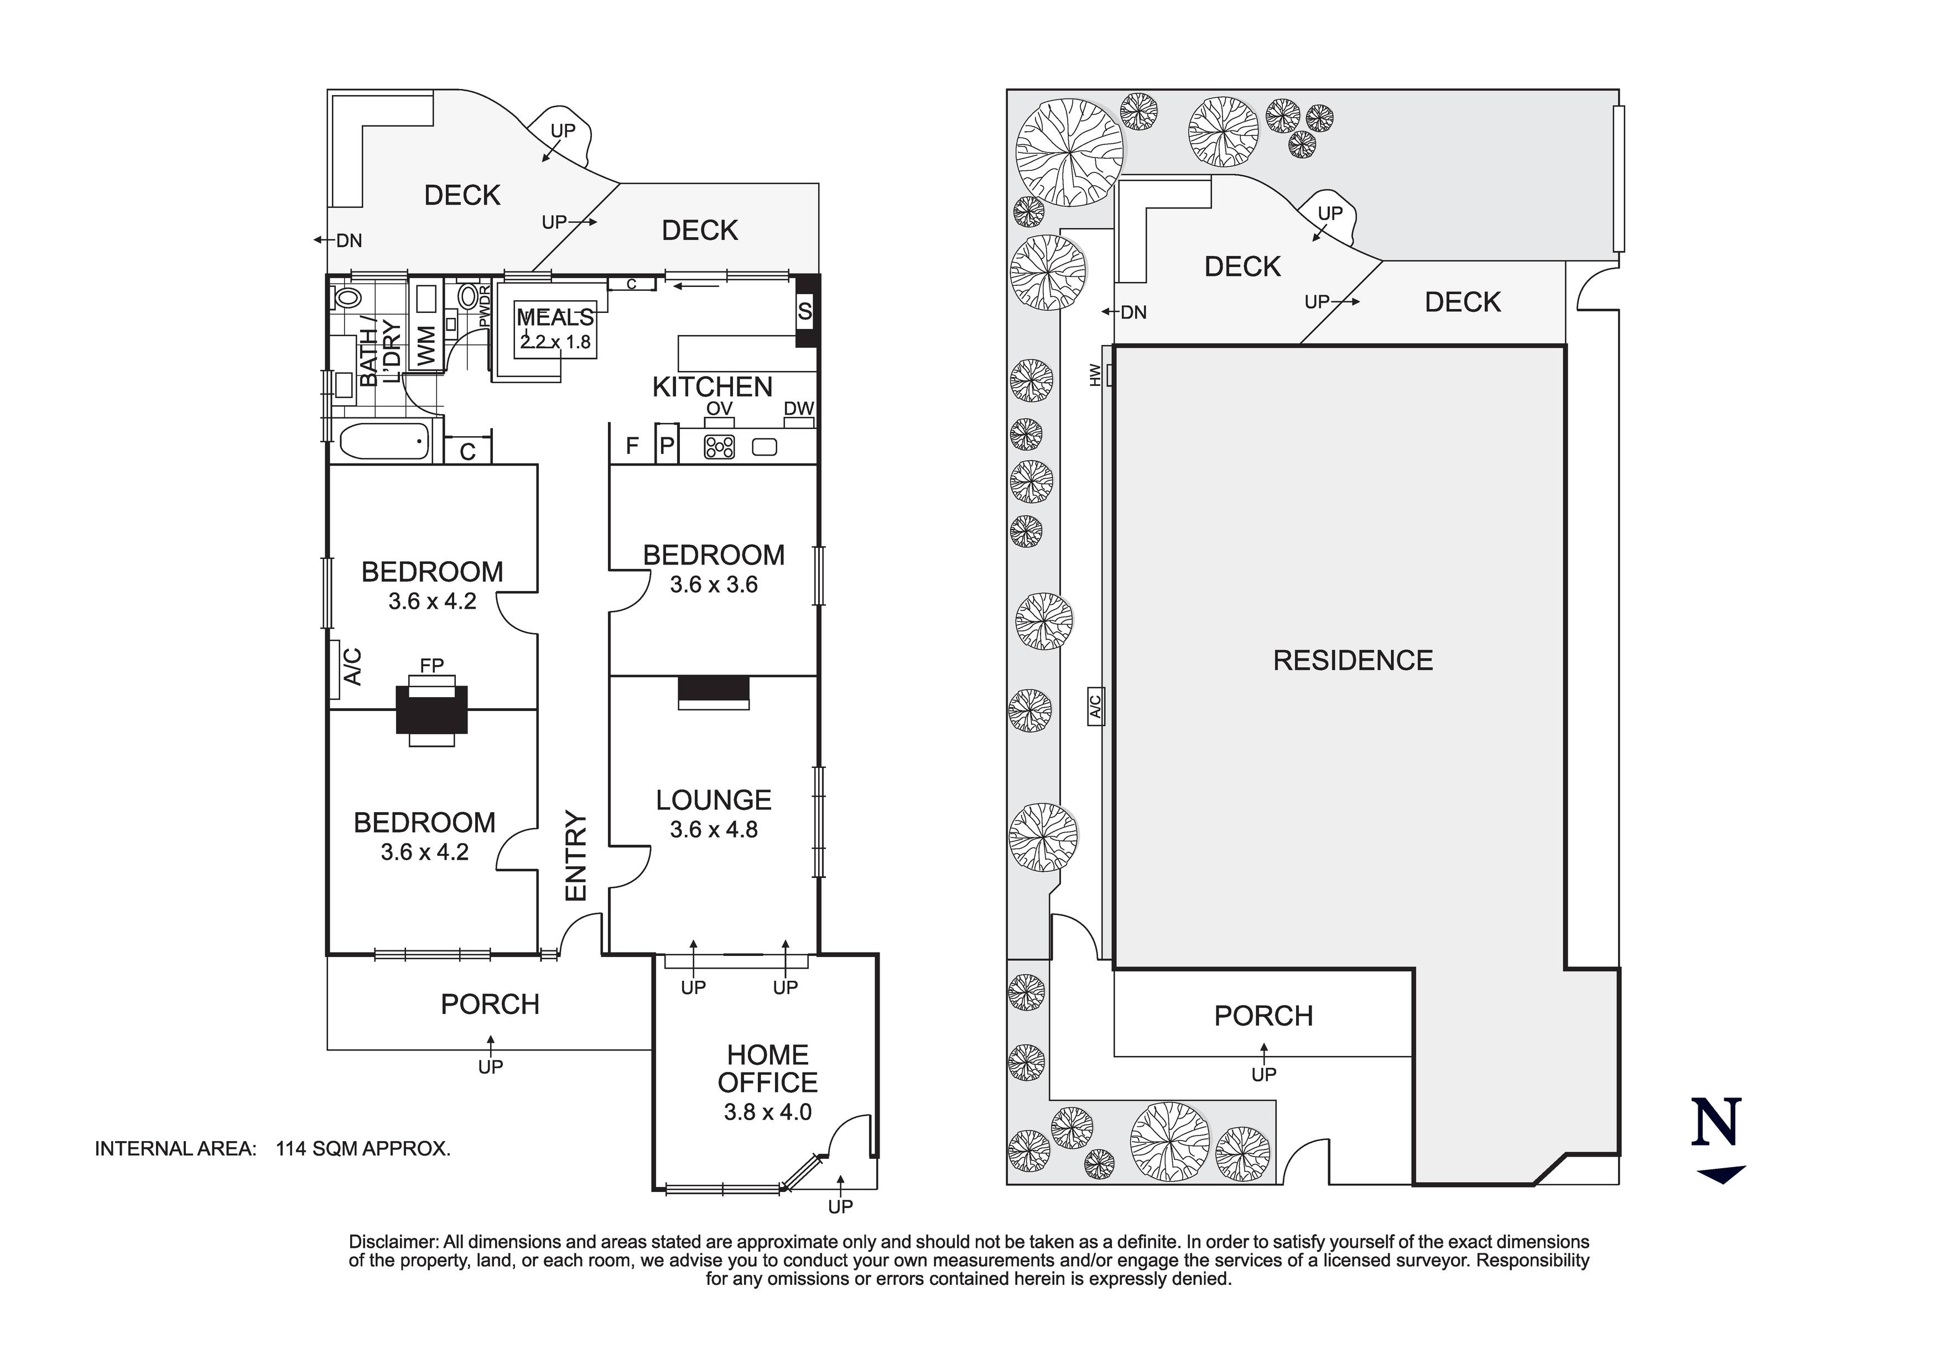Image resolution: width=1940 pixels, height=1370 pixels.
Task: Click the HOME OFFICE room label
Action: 767,1069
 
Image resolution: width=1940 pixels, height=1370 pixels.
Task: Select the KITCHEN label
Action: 712,387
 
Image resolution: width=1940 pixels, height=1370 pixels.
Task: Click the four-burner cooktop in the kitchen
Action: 720,447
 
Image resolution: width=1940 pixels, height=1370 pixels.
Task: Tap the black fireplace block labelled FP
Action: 432,709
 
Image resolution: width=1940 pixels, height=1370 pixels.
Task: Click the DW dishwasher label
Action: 798,409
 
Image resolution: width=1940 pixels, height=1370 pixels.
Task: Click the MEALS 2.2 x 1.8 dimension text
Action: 555,342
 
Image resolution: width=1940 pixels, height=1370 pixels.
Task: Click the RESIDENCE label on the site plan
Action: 1353,661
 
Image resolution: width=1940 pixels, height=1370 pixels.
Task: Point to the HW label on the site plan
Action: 1096,375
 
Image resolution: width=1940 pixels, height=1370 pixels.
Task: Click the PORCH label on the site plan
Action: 1263,1016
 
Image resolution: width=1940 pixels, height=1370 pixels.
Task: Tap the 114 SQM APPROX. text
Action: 363,1149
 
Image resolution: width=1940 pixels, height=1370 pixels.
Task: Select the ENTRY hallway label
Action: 575,856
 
